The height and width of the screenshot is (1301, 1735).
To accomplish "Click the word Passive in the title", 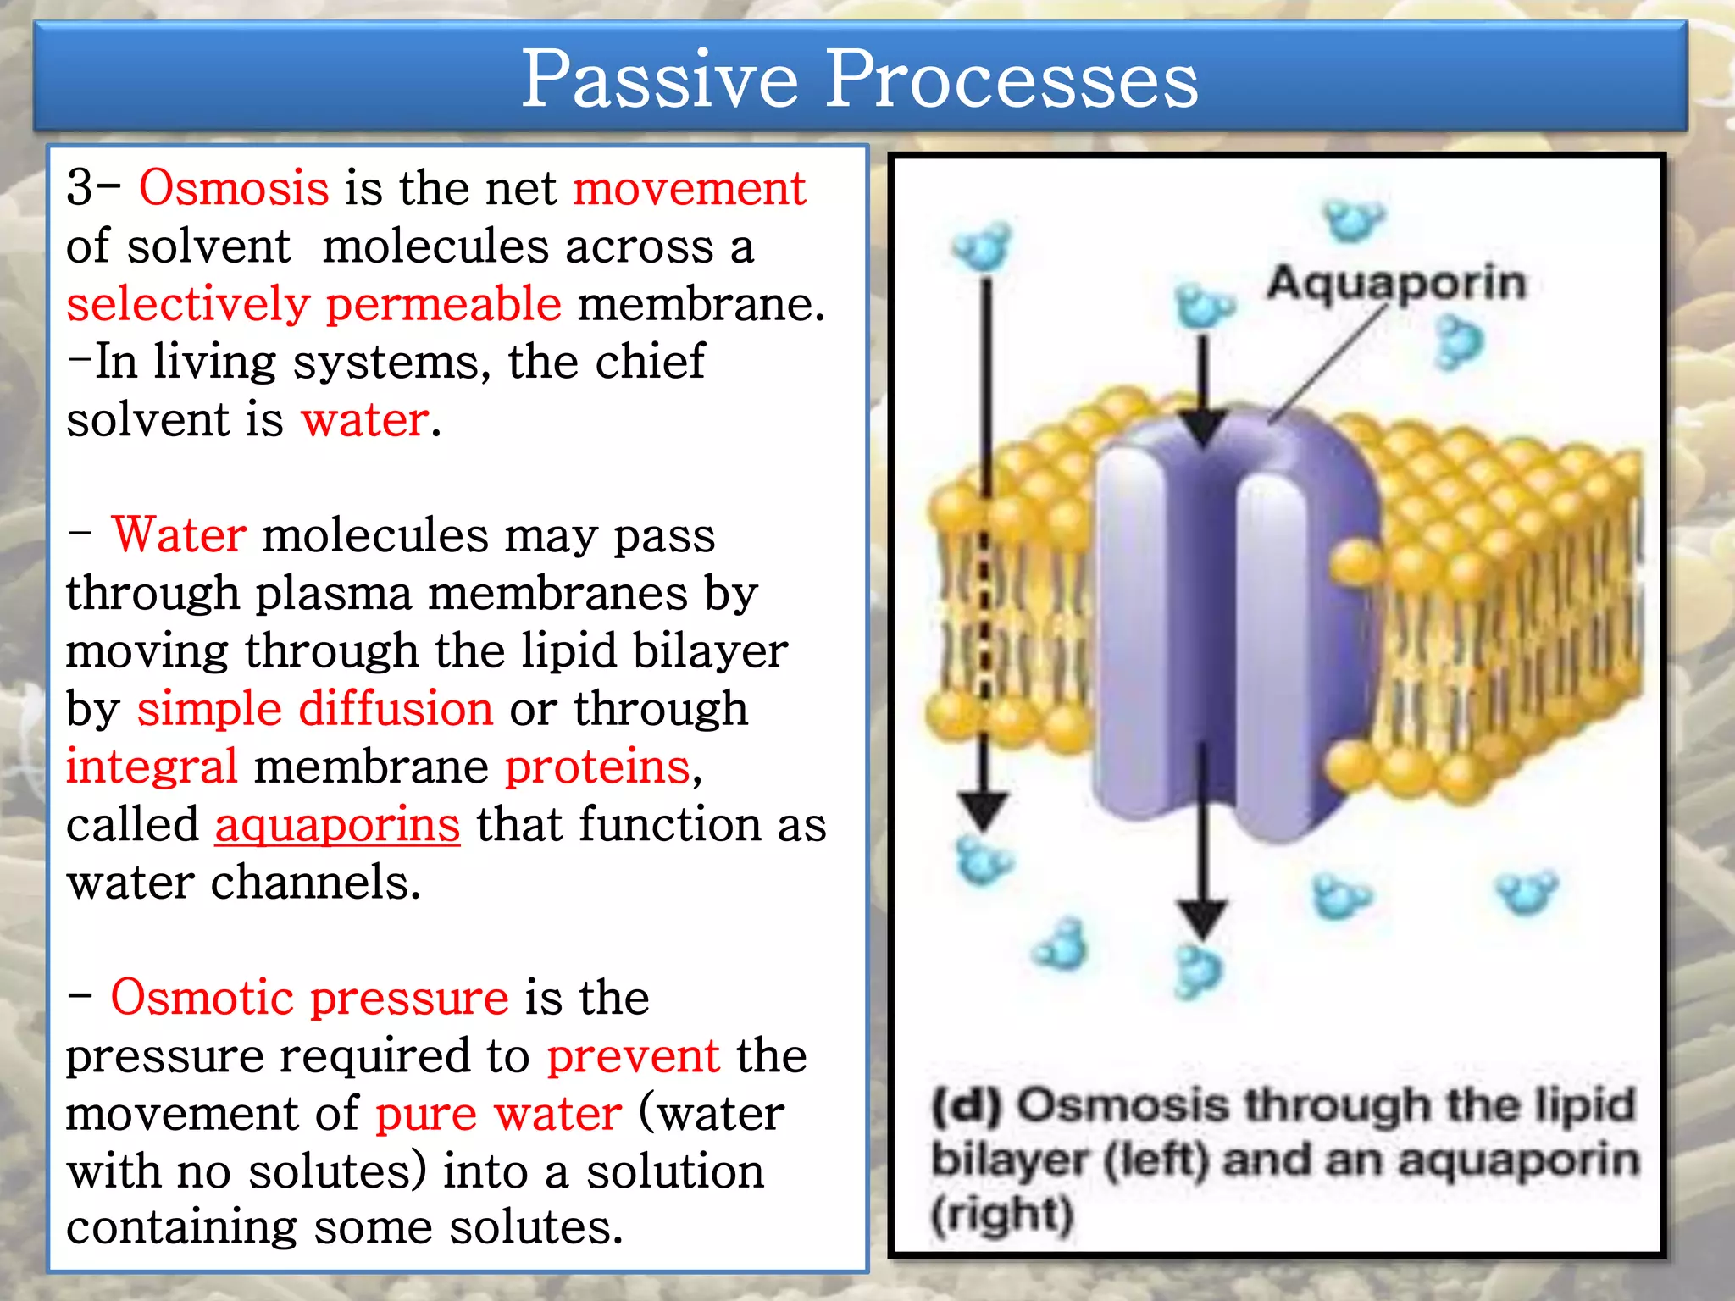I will coord(659,80).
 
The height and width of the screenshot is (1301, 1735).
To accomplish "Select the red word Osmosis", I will coord(234,187).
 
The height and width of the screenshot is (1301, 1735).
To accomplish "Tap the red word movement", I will coord(689,187).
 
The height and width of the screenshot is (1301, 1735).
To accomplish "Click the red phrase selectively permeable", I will coord(313,303).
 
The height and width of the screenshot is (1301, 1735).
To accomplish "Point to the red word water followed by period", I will coord(365,419).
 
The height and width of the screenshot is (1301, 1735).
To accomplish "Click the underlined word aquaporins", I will coord(337,824).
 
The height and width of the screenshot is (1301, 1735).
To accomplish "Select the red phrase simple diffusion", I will coord(314,708).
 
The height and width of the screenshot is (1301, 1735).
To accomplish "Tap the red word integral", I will coord(152,767).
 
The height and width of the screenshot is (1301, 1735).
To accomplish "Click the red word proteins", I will coord(597,767).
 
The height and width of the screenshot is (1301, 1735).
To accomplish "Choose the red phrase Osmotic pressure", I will coord(309,997).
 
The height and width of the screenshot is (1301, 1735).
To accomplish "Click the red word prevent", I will coord(633,1055).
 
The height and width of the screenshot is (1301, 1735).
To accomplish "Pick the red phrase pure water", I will coord(498,1113).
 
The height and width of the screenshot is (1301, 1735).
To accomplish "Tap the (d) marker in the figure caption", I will coord(967,1105).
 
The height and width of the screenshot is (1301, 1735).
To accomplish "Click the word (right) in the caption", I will coord(1002,1215).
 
